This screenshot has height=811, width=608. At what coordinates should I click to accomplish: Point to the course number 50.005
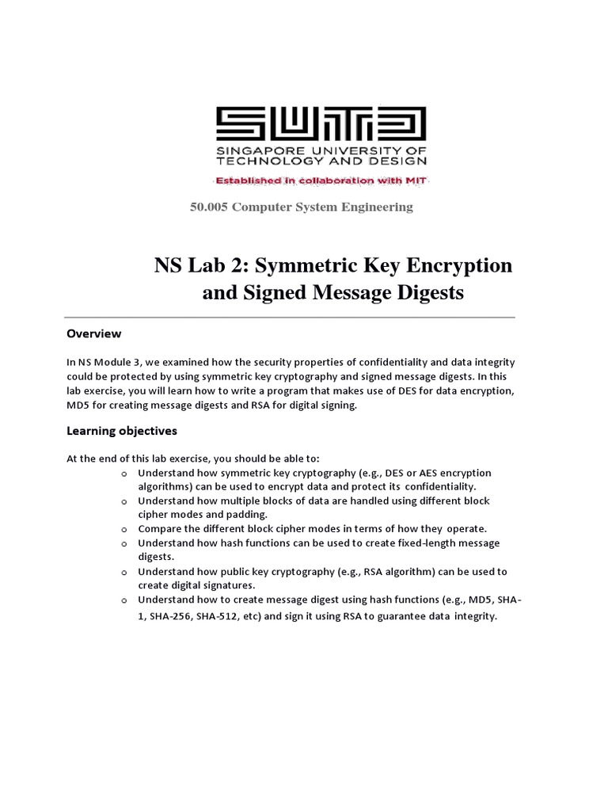(208, 207)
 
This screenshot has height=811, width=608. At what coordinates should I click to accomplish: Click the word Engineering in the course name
(376, 207)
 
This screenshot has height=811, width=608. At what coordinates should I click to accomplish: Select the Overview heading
(93, 333)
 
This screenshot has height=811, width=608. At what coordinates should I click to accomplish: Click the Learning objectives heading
(121, 431)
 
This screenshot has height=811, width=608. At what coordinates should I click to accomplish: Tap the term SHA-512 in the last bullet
(237, 617)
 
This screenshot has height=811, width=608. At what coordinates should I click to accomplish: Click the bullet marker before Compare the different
(124, 528)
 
